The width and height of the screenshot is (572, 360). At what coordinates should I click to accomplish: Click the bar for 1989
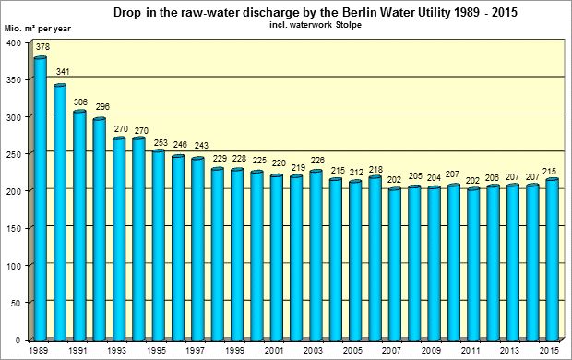40,198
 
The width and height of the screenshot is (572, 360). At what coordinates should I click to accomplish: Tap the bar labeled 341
60,211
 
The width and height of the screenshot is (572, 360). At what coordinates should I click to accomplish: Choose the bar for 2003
316,255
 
